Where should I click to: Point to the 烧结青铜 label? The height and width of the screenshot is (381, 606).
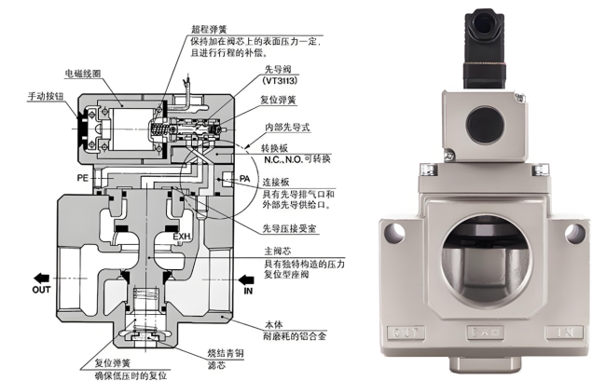tap(227, 354)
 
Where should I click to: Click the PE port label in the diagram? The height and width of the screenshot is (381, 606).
tap(82, 176)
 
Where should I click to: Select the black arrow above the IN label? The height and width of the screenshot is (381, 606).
tap(247, 277)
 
